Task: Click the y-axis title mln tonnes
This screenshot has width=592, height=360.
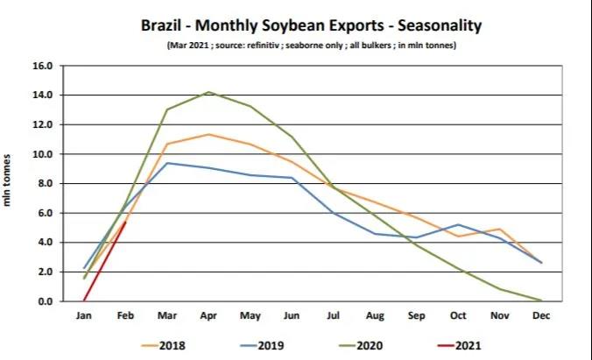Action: pos(8,181)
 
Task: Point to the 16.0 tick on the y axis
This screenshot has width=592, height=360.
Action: pos(43,66)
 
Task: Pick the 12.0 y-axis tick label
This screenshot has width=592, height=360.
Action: pos(43,124)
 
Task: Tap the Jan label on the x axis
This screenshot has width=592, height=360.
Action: pos(84,315)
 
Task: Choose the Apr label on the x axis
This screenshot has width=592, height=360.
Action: pos(208,315)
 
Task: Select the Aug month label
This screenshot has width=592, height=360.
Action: pos(373,315)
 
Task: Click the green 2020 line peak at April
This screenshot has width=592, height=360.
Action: pos(208,92)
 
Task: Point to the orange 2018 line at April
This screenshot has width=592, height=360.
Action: pos(208,134)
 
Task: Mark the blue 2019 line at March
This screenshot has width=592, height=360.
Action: pos(166,163)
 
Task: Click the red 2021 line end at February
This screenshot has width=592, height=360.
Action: pos(125,222)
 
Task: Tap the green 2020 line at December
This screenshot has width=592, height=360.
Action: pos(539,300)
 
